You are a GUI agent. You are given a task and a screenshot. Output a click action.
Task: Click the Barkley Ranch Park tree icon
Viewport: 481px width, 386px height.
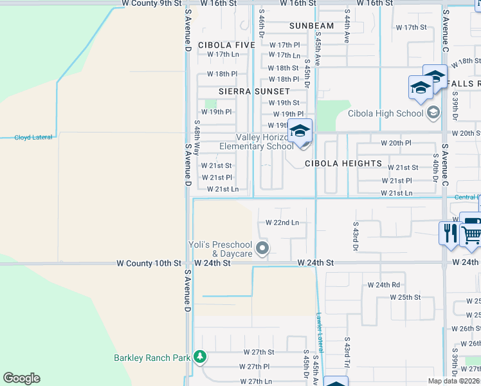click(x=200, y=356)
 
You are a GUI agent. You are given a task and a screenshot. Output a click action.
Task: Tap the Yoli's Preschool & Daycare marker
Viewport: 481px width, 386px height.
click(x=262, y=248)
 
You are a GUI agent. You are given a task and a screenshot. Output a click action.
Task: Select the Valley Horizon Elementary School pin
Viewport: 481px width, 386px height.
click(x=300, y=132)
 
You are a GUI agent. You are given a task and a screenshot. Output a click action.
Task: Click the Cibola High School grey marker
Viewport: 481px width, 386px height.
click(x=433, y=113)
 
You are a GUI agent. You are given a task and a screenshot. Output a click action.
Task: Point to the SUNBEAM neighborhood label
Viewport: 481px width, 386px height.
click(x=311, y=26)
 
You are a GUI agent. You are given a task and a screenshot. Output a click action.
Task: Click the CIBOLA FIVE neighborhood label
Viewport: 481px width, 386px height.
click(x=226, y=45)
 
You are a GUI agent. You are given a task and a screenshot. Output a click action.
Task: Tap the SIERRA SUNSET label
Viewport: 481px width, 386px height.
click(x=254, y=91)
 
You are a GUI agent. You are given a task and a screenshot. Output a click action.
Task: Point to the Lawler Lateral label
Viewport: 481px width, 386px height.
click(x=320, y=332)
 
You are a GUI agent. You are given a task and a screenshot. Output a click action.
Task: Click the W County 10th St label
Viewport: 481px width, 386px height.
click(x=149, y=263)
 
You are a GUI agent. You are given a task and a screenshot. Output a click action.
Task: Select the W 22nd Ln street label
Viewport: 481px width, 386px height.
click(x=282, y=223)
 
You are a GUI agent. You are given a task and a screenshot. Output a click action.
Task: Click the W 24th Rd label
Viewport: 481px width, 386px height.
click(x=384, y=284)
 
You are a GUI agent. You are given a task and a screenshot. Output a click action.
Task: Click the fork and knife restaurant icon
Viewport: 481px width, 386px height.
click(x=448, y=232)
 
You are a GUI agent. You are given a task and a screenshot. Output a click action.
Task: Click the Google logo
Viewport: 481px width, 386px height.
click(x=21, y=378)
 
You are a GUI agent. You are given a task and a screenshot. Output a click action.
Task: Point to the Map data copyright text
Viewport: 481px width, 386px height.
click(x=454, y=381)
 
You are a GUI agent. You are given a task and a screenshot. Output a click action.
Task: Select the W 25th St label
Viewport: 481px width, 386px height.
click(x=405, y=297)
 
